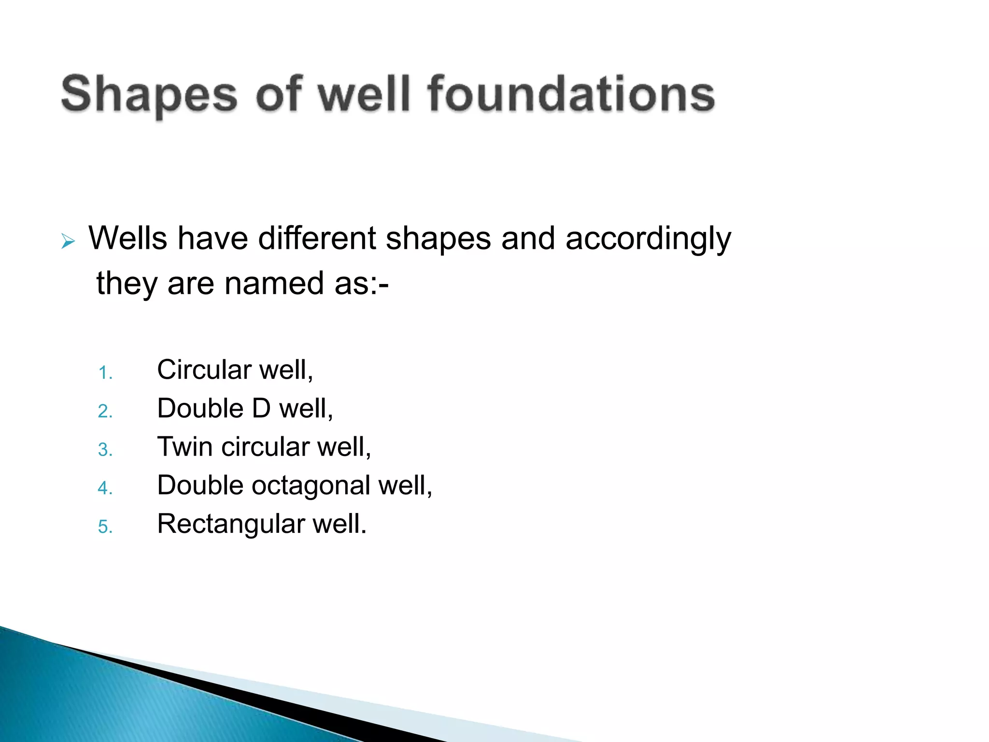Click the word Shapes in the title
[149, 94]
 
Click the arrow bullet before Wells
[68, 241]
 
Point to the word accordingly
[648, 239]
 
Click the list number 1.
[105, 373]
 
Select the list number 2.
[105, 411]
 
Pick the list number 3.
[105, 450]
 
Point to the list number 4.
[105, 488]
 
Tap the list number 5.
[105, 527]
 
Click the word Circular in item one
[204, 370]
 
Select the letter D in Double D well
[261, 409]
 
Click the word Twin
[185, 447]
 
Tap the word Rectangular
[231, 524]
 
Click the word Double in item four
[200, 485]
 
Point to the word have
[212, 238]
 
